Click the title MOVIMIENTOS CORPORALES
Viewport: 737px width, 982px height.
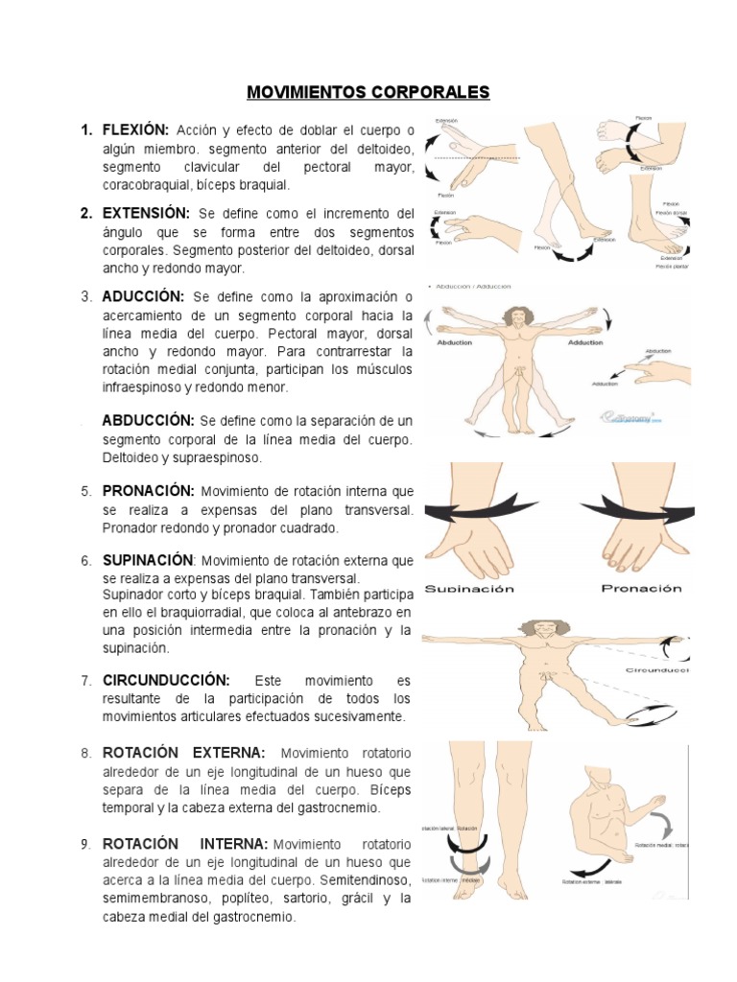pos(368,92)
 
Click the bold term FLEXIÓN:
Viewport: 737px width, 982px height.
pos(136,129)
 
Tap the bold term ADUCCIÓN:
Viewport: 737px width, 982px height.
pos(144,296)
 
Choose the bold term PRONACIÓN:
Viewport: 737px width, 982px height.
pos(150,491)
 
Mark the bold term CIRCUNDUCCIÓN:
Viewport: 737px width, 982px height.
pos(166,680)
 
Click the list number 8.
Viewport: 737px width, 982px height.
pos(85,753)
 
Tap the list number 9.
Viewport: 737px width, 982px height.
pos(85,844)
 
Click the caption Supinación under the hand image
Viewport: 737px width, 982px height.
pos(470,588)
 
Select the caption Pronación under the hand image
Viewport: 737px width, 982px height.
pos(641,588)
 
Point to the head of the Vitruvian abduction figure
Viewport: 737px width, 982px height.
pos(518,317)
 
